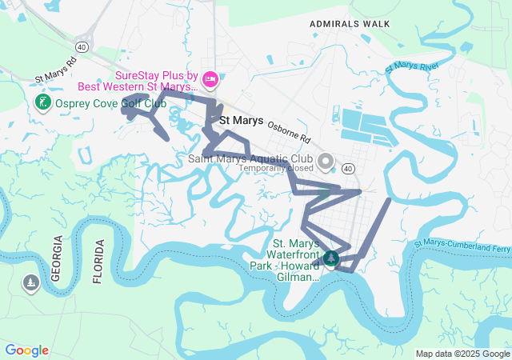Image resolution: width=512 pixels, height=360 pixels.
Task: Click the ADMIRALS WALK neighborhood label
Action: pyautogui.click(x=349, y=24)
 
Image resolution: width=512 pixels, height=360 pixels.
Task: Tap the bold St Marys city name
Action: pyautogui.click(x=241, y=121)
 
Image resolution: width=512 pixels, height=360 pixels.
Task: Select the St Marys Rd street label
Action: pyautogui.click(x=56, y=70)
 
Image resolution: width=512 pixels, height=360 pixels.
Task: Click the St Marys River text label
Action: pyautogui.click(x=412, y=66)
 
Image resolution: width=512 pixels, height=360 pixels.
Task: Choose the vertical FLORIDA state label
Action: pyautogui.click(x=98, y=262)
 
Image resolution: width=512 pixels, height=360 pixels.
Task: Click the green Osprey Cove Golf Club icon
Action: pyautogui.click(x=42, y=102)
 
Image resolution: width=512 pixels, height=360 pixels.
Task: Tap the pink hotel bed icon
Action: pyautogui.click(x=210, y=78)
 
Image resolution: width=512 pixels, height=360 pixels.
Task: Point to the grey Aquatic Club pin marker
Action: pyautogui.click(x=325, y=162)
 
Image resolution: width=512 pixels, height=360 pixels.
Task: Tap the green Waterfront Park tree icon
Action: pyautogui.click(x=331, y=258)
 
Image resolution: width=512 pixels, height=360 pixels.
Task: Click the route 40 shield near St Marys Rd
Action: pyautogui.click(x=84, y=48)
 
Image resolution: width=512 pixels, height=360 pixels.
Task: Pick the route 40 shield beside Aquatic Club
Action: pyautogui.click(x=347, y=169)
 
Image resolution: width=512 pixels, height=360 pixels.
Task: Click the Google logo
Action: pyautogui.click(x=26, y=350)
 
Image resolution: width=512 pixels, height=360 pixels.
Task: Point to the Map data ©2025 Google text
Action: pyautogui.click(x=462, y=354)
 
